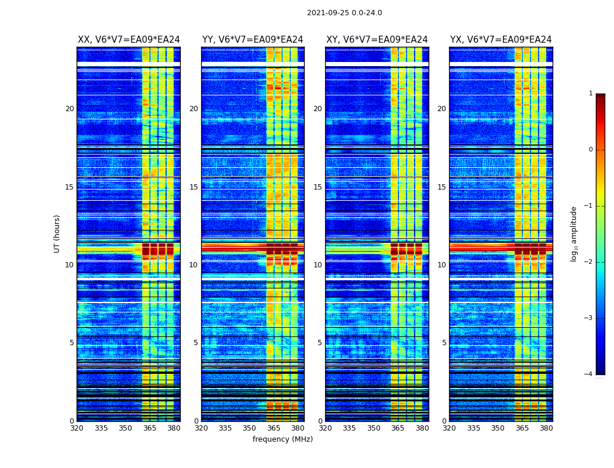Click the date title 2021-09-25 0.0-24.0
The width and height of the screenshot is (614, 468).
(344, 13)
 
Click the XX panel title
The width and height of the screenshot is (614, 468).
(129, 40)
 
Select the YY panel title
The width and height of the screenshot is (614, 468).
(253, 40)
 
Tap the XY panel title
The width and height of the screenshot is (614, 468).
(377, 40)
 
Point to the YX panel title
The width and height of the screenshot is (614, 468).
(501, 40)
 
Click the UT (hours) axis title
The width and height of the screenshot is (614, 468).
(57, 233)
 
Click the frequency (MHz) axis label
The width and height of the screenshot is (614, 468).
(282, 439)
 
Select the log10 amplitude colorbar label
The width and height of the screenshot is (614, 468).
(574, 233)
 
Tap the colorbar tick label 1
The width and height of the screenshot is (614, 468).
(591, 94)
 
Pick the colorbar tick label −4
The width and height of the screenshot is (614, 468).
(589, 374)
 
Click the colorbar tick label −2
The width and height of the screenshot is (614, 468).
(589, 262)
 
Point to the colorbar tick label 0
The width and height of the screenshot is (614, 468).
(591, 150)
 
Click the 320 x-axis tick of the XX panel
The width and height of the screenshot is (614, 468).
(77, 428)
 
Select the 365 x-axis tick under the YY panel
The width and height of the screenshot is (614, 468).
(274, 428)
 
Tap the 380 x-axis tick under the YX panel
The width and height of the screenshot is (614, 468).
(546, 428)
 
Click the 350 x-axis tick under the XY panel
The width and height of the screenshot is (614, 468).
(374, 428)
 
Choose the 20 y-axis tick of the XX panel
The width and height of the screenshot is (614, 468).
(70, 109)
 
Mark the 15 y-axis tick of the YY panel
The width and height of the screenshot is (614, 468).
(194, 187)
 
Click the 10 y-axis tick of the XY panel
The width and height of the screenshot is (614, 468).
(318, 265)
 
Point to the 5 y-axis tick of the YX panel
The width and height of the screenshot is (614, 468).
(444, 343)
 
